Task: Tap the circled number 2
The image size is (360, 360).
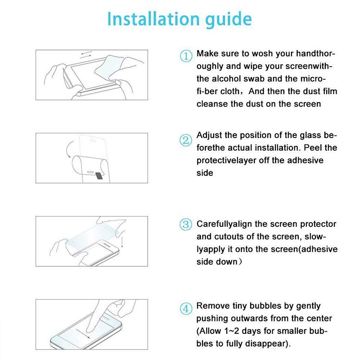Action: point(186,139)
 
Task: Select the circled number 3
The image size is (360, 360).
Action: point(186,225)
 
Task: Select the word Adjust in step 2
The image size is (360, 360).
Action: point(209,135)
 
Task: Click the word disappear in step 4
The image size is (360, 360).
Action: point(266,344)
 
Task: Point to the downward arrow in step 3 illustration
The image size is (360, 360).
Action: point(122,243)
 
